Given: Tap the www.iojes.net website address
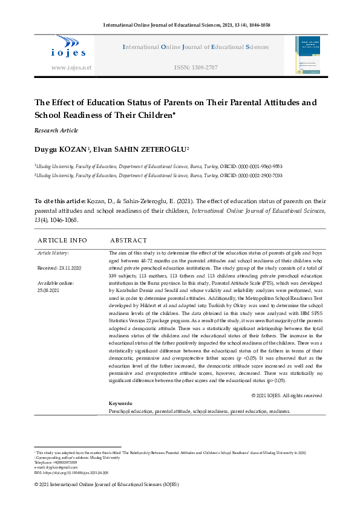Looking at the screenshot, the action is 71,68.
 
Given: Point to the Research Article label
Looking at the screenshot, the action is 56,131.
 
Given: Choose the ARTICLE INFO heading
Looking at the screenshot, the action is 62,240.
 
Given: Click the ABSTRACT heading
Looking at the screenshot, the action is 128,240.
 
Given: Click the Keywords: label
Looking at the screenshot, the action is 120,403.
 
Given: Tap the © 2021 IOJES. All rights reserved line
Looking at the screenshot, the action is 286,395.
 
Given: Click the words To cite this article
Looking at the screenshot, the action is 58,201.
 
